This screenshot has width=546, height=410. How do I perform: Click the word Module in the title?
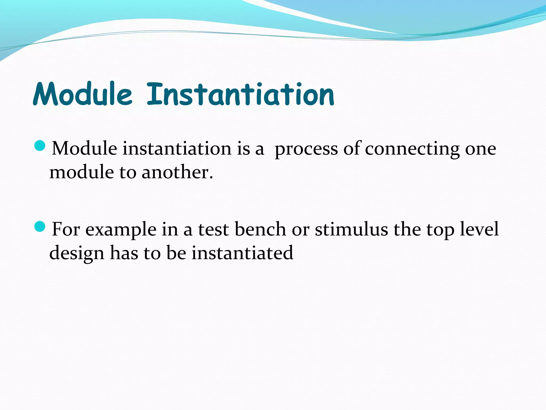[83, 94]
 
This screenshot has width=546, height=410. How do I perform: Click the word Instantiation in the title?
[240, 94]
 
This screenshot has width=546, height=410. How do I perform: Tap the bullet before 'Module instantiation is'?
[40, 146]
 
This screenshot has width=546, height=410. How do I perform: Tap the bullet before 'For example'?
[40, 227]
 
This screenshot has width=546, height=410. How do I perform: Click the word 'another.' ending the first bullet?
[177, 172]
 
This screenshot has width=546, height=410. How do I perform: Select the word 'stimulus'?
[351, 230]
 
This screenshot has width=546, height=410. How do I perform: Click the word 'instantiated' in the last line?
[242, 253]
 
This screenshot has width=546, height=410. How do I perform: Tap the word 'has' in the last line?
[124, 253]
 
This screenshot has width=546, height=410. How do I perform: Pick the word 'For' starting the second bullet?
[66, 230]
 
